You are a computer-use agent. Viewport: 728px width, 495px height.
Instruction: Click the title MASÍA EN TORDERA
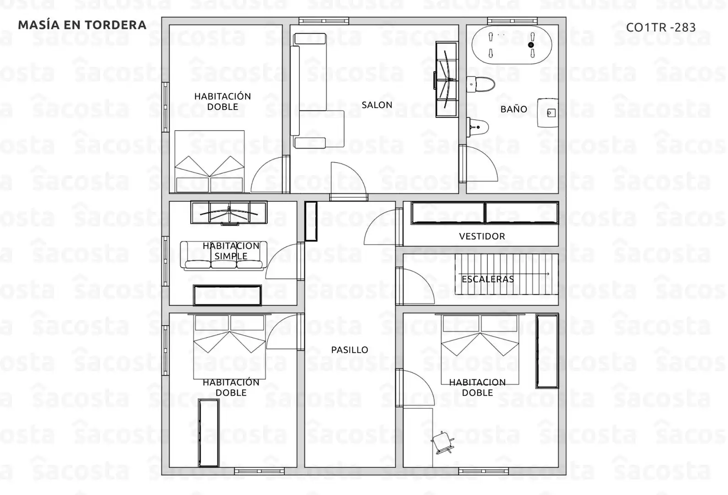coord(82,25)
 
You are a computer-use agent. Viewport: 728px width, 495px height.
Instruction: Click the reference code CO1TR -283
coord(661,27)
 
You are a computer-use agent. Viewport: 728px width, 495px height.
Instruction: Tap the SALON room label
coord(377,105)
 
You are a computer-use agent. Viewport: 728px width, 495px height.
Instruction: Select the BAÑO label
coord(513,109)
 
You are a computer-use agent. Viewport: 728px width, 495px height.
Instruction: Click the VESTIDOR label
coord(482,236)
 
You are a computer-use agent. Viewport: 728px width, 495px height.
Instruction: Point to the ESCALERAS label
coord(488,279)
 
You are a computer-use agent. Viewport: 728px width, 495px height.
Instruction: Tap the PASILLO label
coord(350,350)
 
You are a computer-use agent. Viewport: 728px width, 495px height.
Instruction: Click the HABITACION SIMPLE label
coord(231,251)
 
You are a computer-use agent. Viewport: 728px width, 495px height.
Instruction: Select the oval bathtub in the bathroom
coord(512,45)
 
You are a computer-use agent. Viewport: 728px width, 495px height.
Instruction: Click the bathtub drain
coord(531,45)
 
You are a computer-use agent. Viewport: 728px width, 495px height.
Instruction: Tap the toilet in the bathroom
coord(481,84)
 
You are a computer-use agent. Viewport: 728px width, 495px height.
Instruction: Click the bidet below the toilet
coord(478,127)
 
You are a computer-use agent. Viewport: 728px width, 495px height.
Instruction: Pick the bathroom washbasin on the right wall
coord(548,113)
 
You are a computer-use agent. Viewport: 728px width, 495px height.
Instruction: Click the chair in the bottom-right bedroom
coord(442,442)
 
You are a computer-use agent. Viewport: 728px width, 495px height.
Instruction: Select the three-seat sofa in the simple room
coord(224,256)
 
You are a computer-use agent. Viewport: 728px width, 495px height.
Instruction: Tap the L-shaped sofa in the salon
coord(317,91)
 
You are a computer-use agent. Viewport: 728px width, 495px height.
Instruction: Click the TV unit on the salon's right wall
coord(447,79)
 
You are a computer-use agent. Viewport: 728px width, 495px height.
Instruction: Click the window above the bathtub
coord(512,21)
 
